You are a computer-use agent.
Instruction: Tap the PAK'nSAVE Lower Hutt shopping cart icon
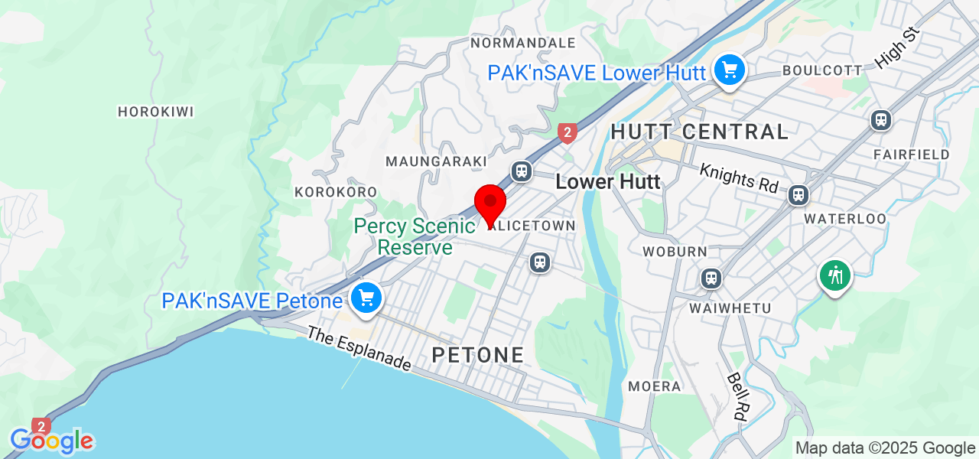(x=729, y=71)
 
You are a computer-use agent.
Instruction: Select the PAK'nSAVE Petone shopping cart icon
(x=366, y=298)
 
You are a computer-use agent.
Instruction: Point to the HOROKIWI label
(x=155, y=112)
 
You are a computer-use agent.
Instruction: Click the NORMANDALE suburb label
(x=523, y=42)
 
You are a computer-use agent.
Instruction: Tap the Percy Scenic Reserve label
(x=415, y=236)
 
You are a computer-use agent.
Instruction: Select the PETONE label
(x=478, y=355)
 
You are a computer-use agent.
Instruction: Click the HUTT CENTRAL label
(x=699, y=132)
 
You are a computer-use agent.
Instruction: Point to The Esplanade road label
(x=359, y=349)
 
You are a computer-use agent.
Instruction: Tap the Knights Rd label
(x=738, y=177)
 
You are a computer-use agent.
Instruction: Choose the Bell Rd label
(x=737, y=397)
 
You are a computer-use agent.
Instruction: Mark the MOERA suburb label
(x=654, y=386)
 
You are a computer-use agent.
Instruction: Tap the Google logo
(x=52, y=441)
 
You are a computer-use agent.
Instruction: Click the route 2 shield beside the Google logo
(x=41, y=426)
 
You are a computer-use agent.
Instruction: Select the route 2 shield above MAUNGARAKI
(x=567, y=133)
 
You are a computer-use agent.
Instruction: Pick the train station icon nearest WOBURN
(x=711, y=278)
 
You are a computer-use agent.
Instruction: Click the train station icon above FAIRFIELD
(x=881, y=120)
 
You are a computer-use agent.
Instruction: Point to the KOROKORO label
(x=336, y=192)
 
